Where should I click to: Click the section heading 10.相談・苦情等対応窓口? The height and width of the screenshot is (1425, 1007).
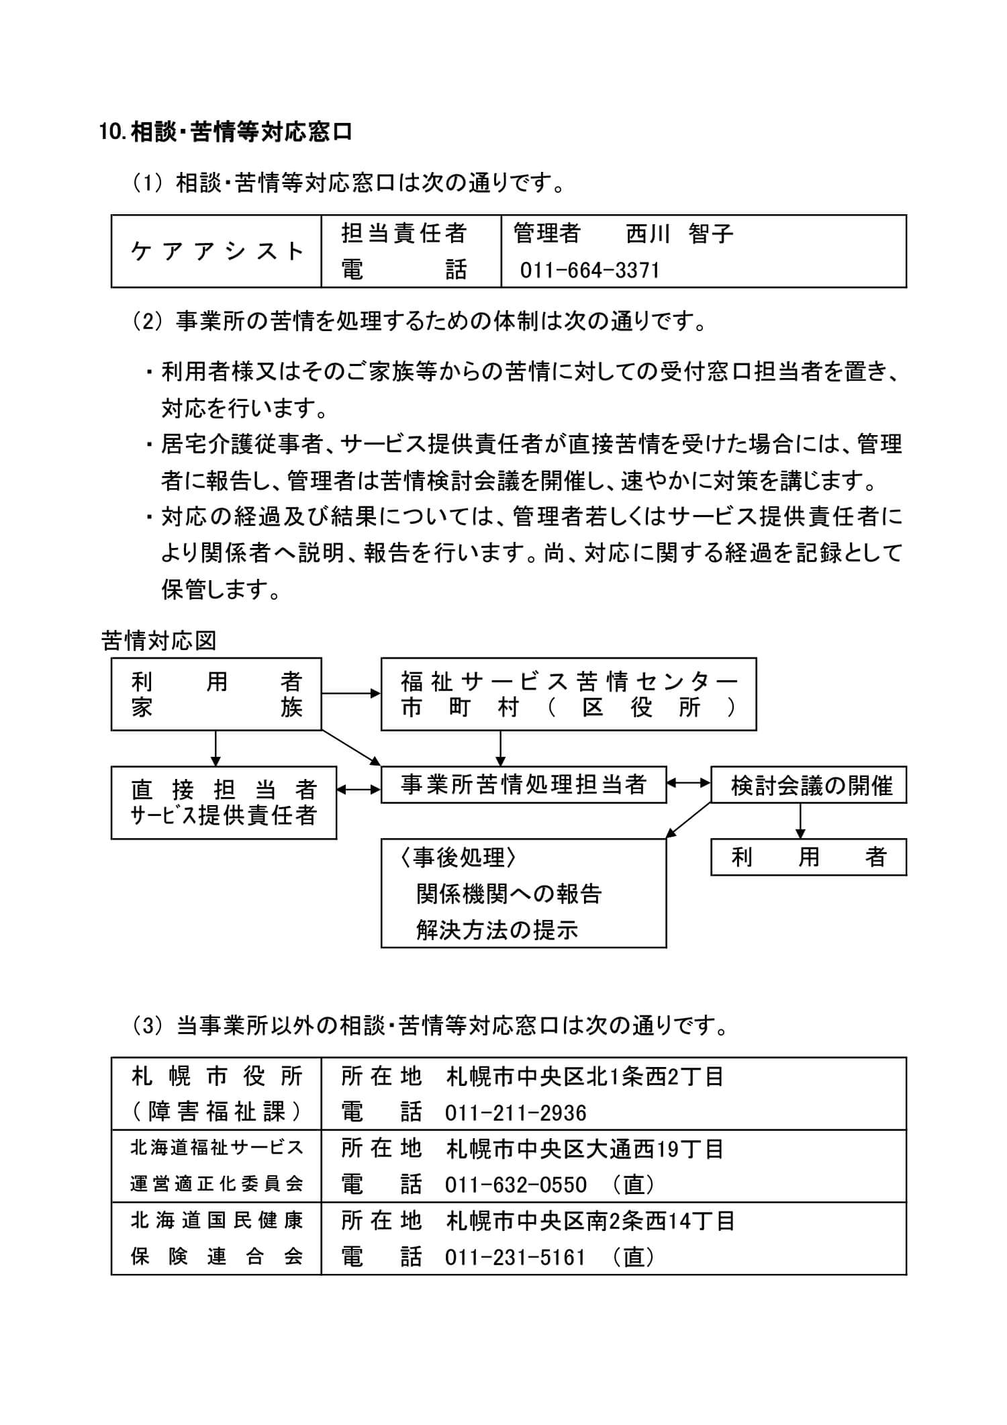(x=226, y=132)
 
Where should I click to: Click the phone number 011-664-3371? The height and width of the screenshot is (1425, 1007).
(x=590, y=271)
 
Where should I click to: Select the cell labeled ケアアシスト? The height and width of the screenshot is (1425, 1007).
(x=216, y=251)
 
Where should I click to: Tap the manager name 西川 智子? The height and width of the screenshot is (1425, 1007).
(x=679, y=234)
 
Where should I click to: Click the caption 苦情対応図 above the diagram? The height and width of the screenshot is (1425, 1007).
(x=158, y=641)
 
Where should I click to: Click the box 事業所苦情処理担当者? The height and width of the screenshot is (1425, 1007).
(x=523, y=784)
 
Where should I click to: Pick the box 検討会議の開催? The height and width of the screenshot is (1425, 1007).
(x=808, y=785)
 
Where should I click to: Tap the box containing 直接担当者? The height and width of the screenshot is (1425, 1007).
(x=223, y=802)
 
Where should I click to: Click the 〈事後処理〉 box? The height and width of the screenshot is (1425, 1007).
(x=523, y=892)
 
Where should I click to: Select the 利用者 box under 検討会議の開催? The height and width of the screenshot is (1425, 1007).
(x=808, y=857)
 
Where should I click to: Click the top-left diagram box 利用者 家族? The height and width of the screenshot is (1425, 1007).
(x=215, y=694)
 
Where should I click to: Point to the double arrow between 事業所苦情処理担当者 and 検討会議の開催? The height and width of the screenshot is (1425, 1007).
(x=689, y=782)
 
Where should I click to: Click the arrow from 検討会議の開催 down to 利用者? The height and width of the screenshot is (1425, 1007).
(x=800, y=821)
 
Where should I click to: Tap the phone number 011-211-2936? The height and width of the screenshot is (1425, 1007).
(x=516, y=1113)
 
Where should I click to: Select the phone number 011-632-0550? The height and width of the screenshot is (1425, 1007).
(x=516, y=1185)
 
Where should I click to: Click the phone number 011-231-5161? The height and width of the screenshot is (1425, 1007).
(x=516, y=1257)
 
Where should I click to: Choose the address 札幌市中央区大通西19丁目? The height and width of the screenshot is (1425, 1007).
(x=584, y=1149)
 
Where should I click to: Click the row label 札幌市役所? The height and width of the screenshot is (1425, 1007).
(x=216, y=1077)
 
